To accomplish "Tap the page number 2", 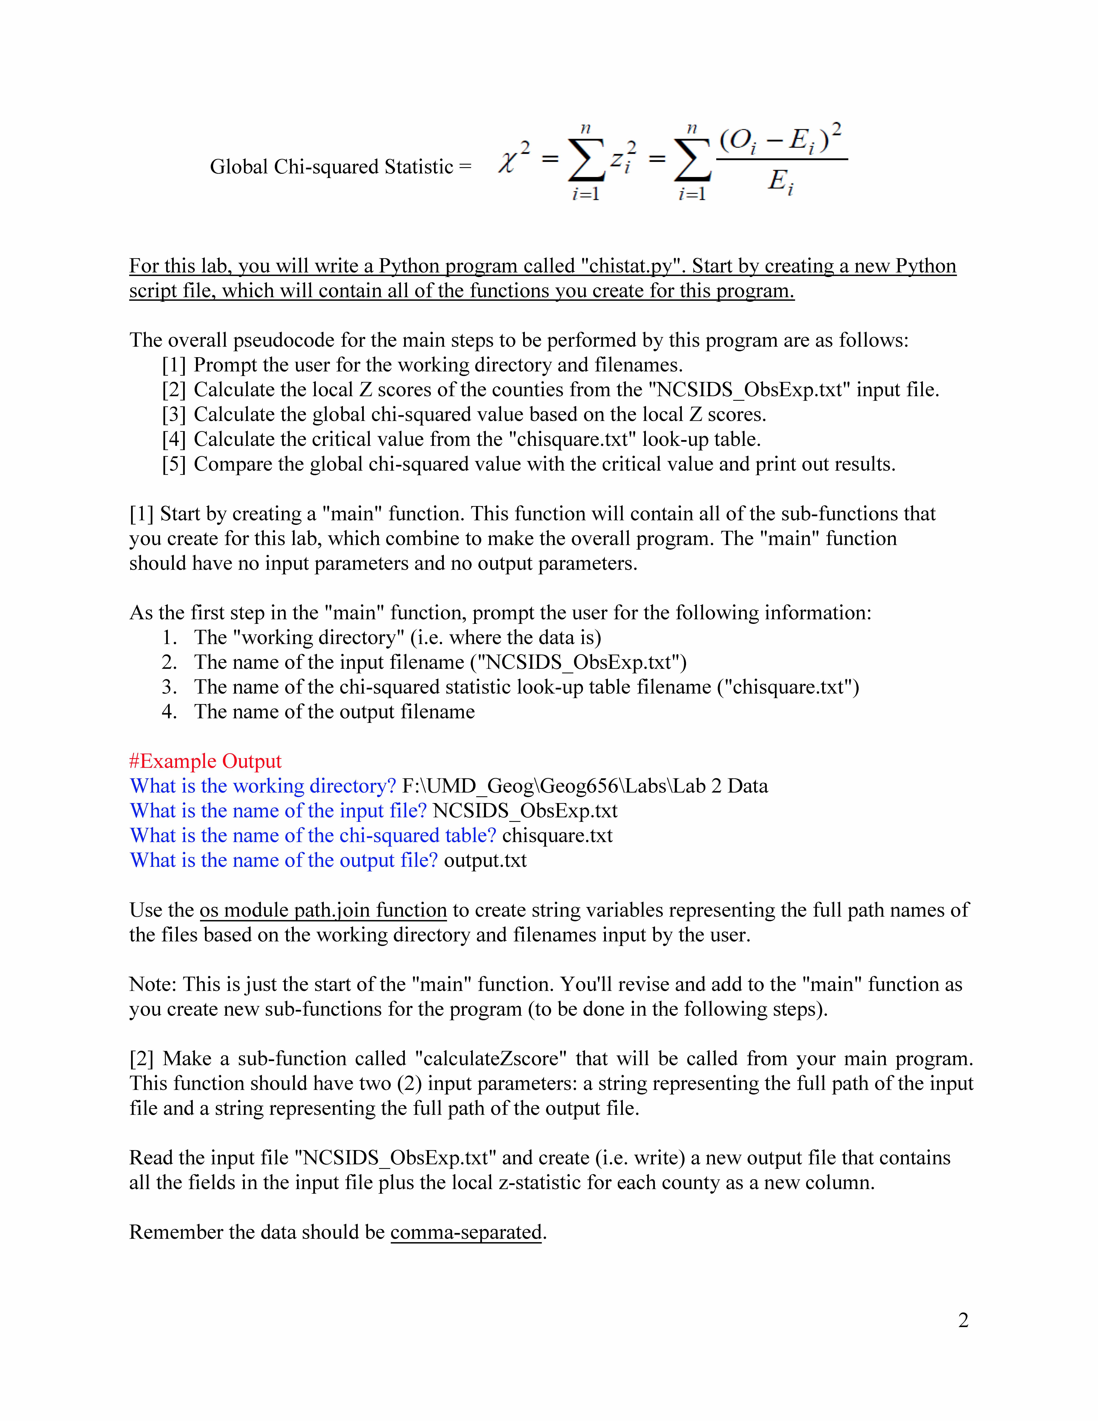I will [x=963, y=1320].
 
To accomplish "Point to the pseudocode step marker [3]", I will [x=174, y=415].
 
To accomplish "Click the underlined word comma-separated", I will [x=466, y=1232].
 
